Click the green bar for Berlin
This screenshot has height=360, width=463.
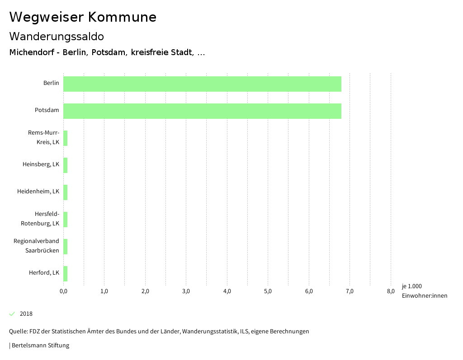pyautogui.click(x=202, y=84)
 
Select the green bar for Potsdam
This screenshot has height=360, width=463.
pyautogui.click(x=202, y=111)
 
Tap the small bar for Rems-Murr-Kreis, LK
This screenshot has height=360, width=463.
pyautogui.click(x=66, y=138)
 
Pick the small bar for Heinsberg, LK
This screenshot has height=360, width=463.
pyautogui.click(x=66, y=165)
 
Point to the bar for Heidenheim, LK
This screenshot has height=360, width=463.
pyautogui.click(x=66, y=192)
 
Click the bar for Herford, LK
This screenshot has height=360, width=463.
pyautogui.click(x=66, y=274)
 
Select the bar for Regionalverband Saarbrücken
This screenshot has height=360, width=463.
pyautogui.click(x=66, y=247)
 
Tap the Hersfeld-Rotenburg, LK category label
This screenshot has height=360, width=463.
pyautogui.click(x=40, y=219)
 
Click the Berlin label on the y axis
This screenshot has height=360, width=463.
pyautogui.click(x=51, y=83)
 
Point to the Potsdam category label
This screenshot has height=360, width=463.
pyautogui.click(x=47, y=110)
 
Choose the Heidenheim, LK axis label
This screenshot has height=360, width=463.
pyautogui.click(x=38, y=192)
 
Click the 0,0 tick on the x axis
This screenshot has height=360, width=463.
pyautogui.click(x=63, y=291)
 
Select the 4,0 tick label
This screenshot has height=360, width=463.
pyautogui.click(x=227, y=291)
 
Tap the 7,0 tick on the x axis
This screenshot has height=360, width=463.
pyautogui.click(x=350, y=291)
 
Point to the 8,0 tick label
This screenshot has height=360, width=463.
pyautogui.click(x=391, y=291)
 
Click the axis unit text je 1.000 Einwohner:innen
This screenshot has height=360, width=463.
pyautogui.click(x=424, y=291)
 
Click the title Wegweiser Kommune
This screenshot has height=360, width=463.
pyautogui.click(x=83, y=17)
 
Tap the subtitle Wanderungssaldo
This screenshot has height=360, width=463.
pyautogui.click(x=57, y=36)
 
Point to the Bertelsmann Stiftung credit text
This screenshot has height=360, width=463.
pyautogui.click(x=39, y=346)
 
